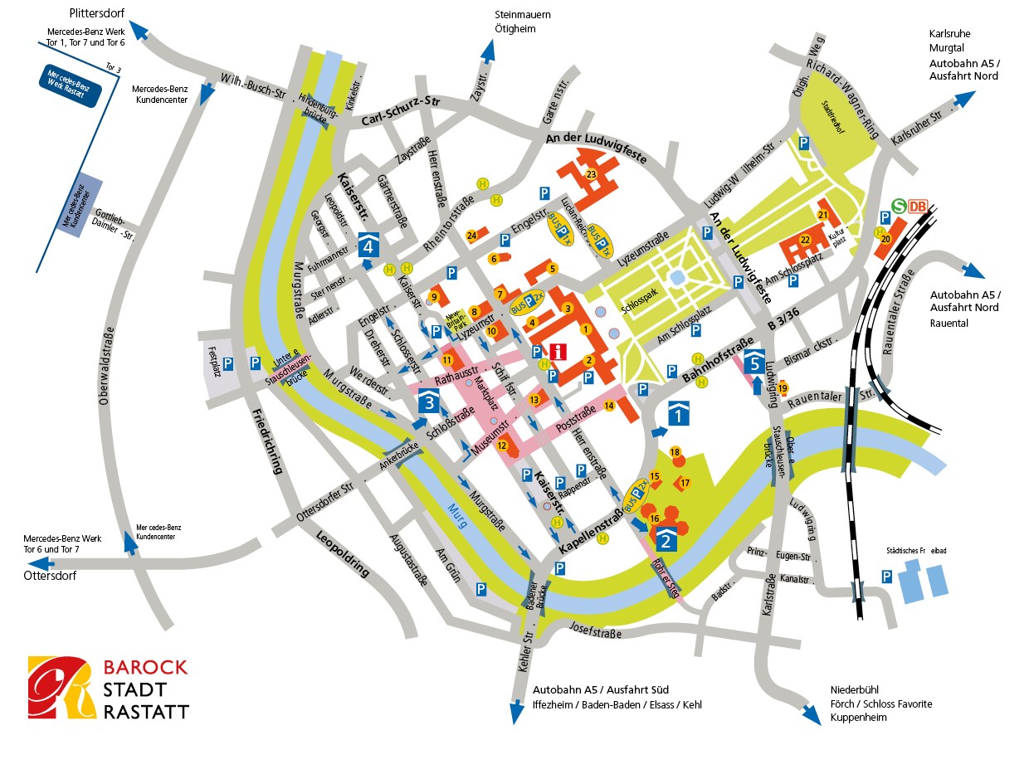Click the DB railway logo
pyautogui.click(x=918, y=207)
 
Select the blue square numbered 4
pyautogui.click(x=369, y=245)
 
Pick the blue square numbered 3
pyautogui.click(x=428, y=402)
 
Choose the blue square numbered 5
pyautogui.click(x=754, y=360)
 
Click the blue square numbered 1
pyautogui.click(x=679, y=411)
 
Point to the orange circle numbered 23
pyautogui.click(x=591, y=174)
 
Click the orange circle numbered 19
pyautogui.click(x=782, y=387)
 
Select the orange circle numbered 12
pyautogui.click(x=502, y=445)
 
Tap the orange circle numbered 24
pyautogui.click(x=471, y=236)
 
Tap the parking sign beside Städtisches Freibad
pyautogui.click(x=886, y=576)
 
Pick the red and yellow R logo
pyautogui.click(x=58, y=689)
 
